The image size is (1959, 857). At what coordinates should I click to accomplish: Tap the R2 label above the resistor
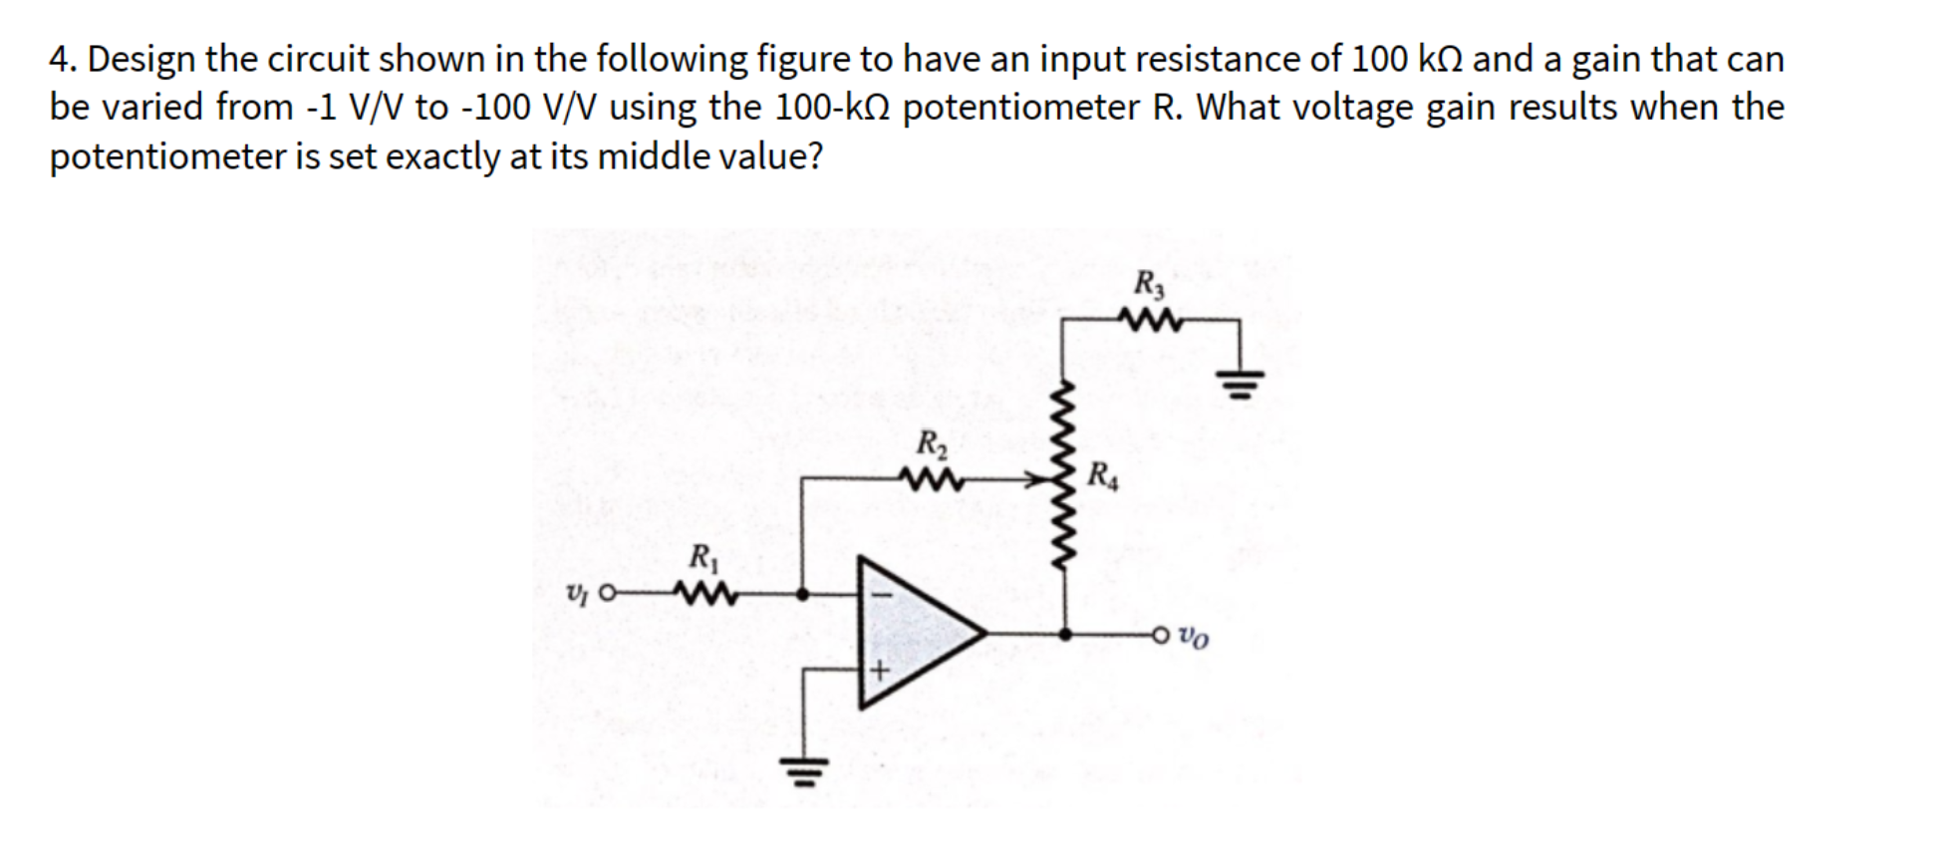click(x=931, y=442)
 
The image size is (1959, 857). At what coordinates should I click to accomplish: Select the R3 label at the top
click(x=1149, y=284)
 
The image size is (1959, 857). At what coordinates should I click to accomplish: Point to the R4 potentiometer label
click(x=1102, y=476)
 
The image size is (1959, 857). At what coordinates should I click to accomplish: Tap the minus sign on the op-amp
click(x=879, y=591)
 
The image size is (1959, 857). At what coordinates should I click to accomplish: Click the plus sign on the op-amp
click(x=879, y=671)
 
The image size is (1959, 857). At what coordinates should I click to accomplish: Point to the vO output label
click(x=1194, y=635)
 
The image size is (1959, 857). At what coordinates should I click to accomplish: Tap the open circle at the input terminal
click(x=607, y=595)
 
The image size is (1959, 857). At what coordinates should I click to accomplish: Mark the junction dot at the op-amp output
click(x=1065, y=633)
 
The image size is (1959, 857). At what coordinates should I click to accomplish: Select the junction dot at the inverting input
click(x=803, y=595)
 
